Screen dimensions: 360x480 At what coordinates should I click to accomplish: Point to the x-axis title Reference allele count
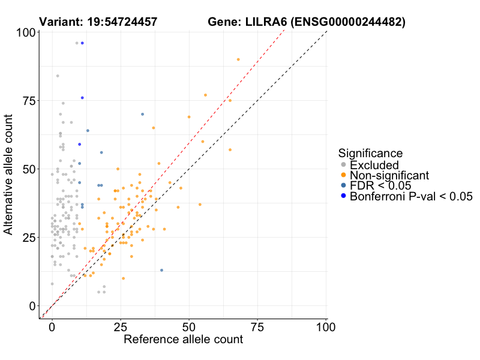183,340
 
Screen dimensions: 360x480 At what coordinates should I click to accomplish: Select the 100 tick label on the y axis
23,32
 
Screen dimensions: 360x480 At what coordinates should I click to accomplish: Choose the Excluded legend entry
374,165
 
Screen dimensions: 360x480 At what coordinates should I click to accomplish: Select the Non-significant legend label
389,175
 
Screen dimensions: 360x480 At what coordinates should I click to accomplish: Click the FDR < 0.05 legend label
383,185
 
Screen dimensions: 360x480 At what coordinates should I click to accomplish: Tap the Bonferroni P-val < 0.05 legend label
412,196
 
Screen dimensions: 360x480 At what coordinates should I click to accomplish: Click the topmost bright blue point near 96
82,43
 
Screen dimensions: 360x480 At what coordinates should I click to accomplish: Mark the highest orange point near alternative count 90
238,59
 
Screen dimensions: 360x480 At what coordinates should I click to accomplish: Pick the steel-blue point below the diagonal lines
161,270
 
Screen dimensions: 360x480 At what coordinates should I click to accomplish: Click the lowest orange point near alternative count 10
123,278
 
